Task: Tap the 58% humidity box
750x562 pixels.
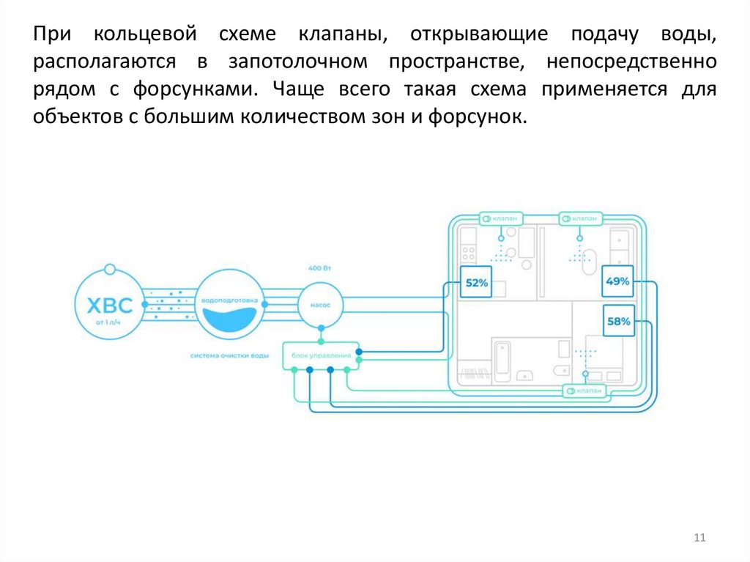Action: pyautogui.click(x=618, y=320)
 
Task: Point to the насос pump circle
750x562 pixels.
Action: pyautogui.click(x=320, y=303)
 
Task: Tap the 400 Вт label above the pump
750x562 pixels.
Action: pyautogui.click(x=319, y=269)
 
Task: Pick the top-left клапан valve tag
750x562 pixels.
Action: pyautogui.click(x=502, y=218)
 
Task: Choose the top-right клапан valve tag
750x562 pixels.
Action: pyautogui.click(x=582, y=218)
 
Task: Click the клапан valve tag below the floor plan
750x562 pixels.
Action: pyautogui.click(x=586, y=391)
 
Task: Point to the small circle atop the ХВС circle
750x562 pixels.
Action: pyautogui.click(x=109, y=268)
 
